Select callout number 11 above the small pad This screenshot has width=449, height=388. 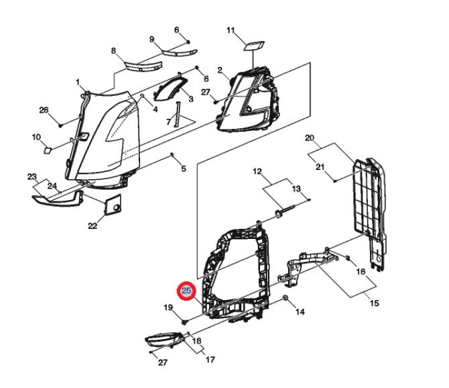tap(231, 31)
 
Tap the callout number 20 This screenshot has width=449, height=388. tap(310, 138)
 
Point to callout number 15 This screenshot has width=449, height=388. tap(375, 303)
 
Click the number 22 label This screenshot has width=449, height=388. tap(92, 226)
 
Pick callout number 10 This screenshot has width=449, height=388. tap(36, 138)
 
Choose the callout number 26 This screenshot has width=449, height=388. tap(44, 110)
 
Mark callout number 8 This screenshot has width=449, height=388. tap(113, 51)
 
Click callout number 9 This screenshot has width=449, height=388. tap(152, 39)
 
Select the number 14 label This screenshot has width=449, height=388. tap(300, 311)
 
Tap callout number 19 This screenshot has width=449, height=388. tap(169, 307)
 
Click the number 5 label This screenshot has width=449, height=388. tap(184, 168)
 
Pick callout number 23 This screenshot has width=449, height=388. tap(31, 177)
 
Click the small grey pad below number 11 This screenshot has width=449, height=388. tap(254, 46)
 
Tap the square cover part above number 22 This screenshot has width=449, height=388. tap(113, 203)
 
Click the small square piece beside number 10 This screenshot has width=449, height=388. tap(48, 150)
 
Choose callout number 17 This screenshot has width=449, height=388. tap(210, 360)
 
